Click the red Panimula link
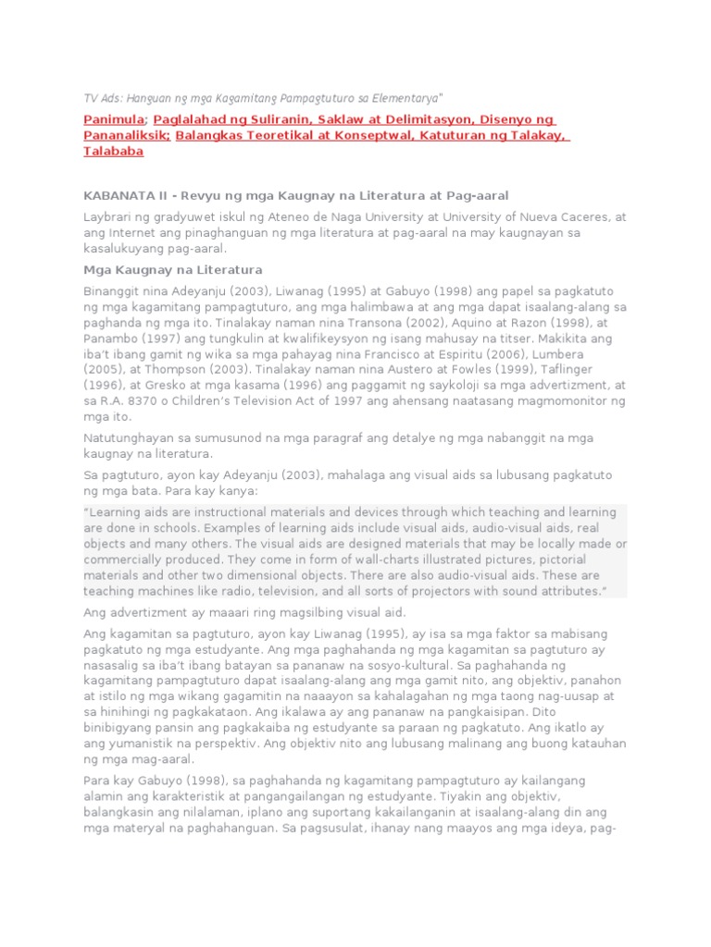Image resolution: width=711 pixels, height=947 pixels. pos(114,120)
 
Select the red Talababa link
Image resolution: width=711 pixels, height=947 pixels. pos(114,152)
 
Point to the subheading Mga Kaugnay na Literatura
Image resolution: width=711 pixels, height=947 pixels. pos(173,269)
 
